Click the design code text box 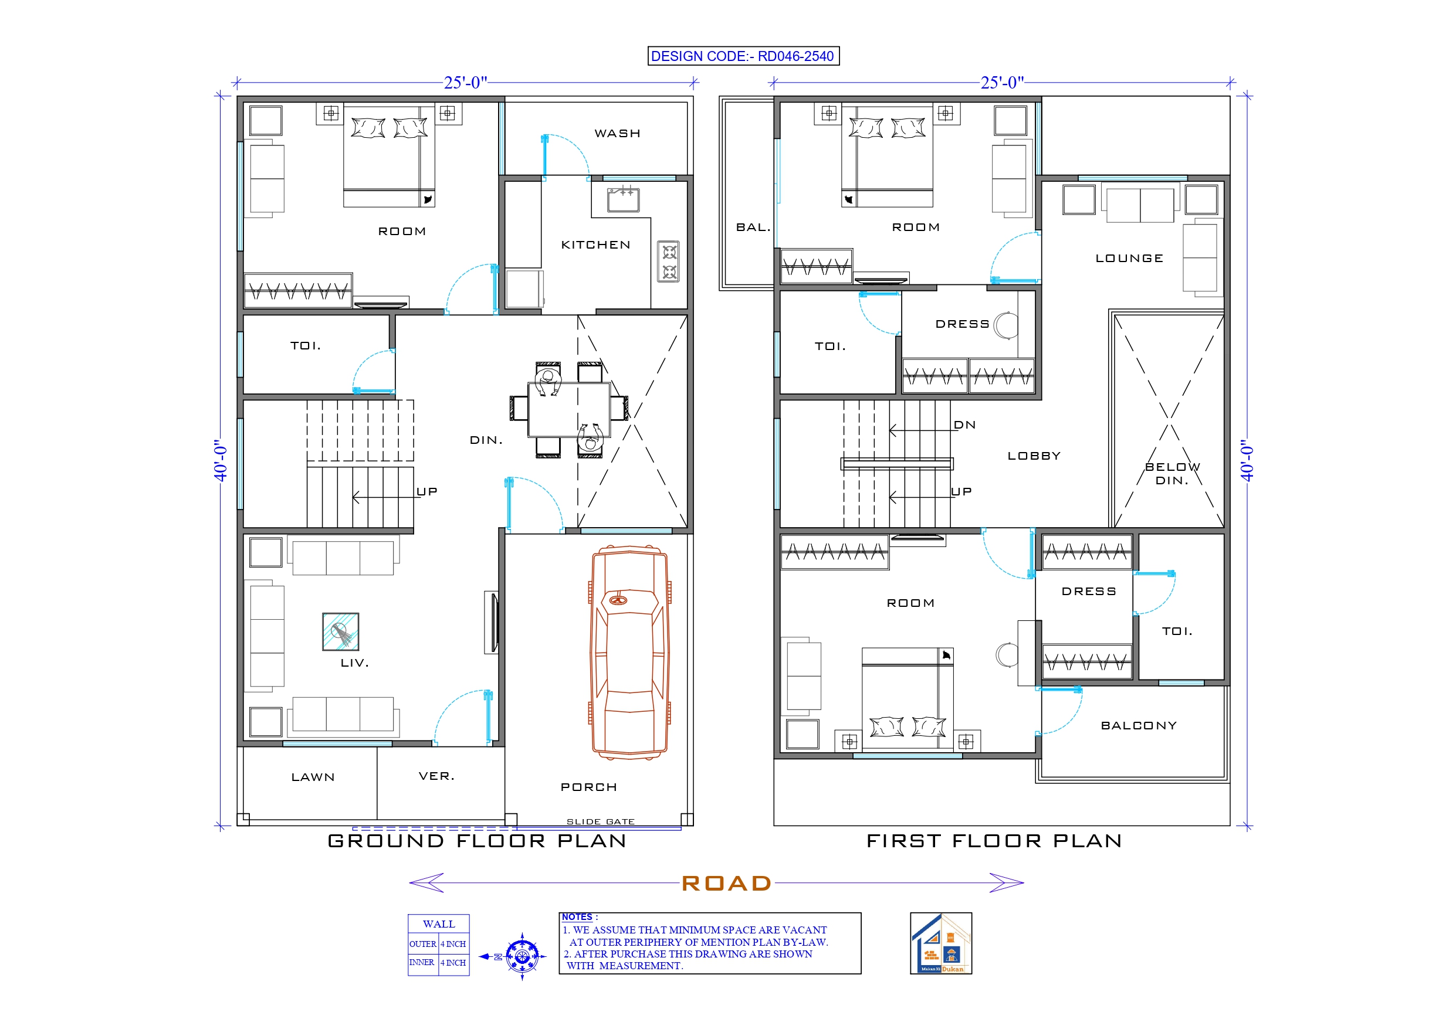click(x=743, y=56)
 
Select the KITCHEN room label click(x=595, y=244)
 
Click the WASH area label click(x=617, y=133)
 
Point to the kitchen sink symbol click(x=623, y=200)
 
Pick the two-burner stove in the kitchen click(x=668, y=262)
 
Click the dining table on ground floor click(x=569, y=410)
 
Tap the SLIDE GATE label click(x=600, y=821)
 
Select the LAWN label click(x=313, y=777)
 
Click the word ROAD click(x=727, y=882)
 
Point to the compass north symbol click(x=522, y=956)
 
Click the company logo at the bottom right click(x=940, y=943)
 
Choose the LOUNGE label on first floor click(x=1129, y=258)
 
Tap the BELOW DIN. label click(x=1171, y=474)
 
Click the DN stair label click(x=964, y=424)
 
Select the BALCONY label click(x=1138, y=725)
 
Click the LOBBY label click(x=1034, y=456)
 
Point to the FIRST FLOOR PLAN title click(x=994, y=841)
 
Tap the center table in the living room click(x=341, y=631)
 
